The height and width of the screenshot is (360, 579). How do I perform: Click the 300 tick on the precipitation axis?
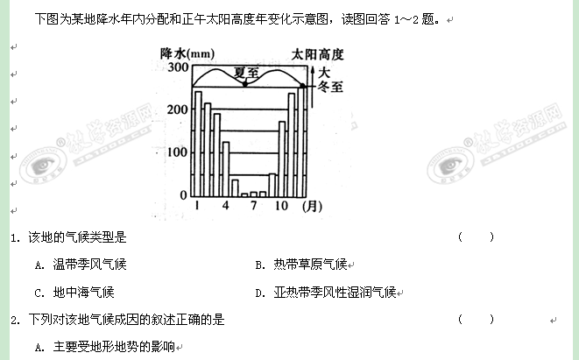pos(176,67)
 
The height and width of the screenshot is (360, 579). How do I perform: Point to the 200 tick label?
pos(176,109)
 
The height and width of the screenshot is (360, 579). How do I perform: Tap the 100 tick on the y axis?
pos(176,152)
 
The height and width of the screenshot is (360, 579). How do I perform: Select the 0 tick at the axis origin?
pos(182,194)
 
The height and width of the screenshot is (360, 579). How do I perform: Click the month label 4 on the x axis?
pos(226,207)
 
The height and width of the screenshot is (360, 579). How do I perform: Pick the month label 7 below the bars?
pos(254,207)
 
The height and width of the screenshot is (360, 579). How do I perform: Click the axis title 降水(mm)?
pos(187,53)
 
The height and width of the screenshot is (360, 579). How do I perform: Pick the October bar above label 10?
pos(282,159)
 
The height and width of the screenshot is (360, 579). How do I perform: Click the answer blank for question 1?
pos(476,236)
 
